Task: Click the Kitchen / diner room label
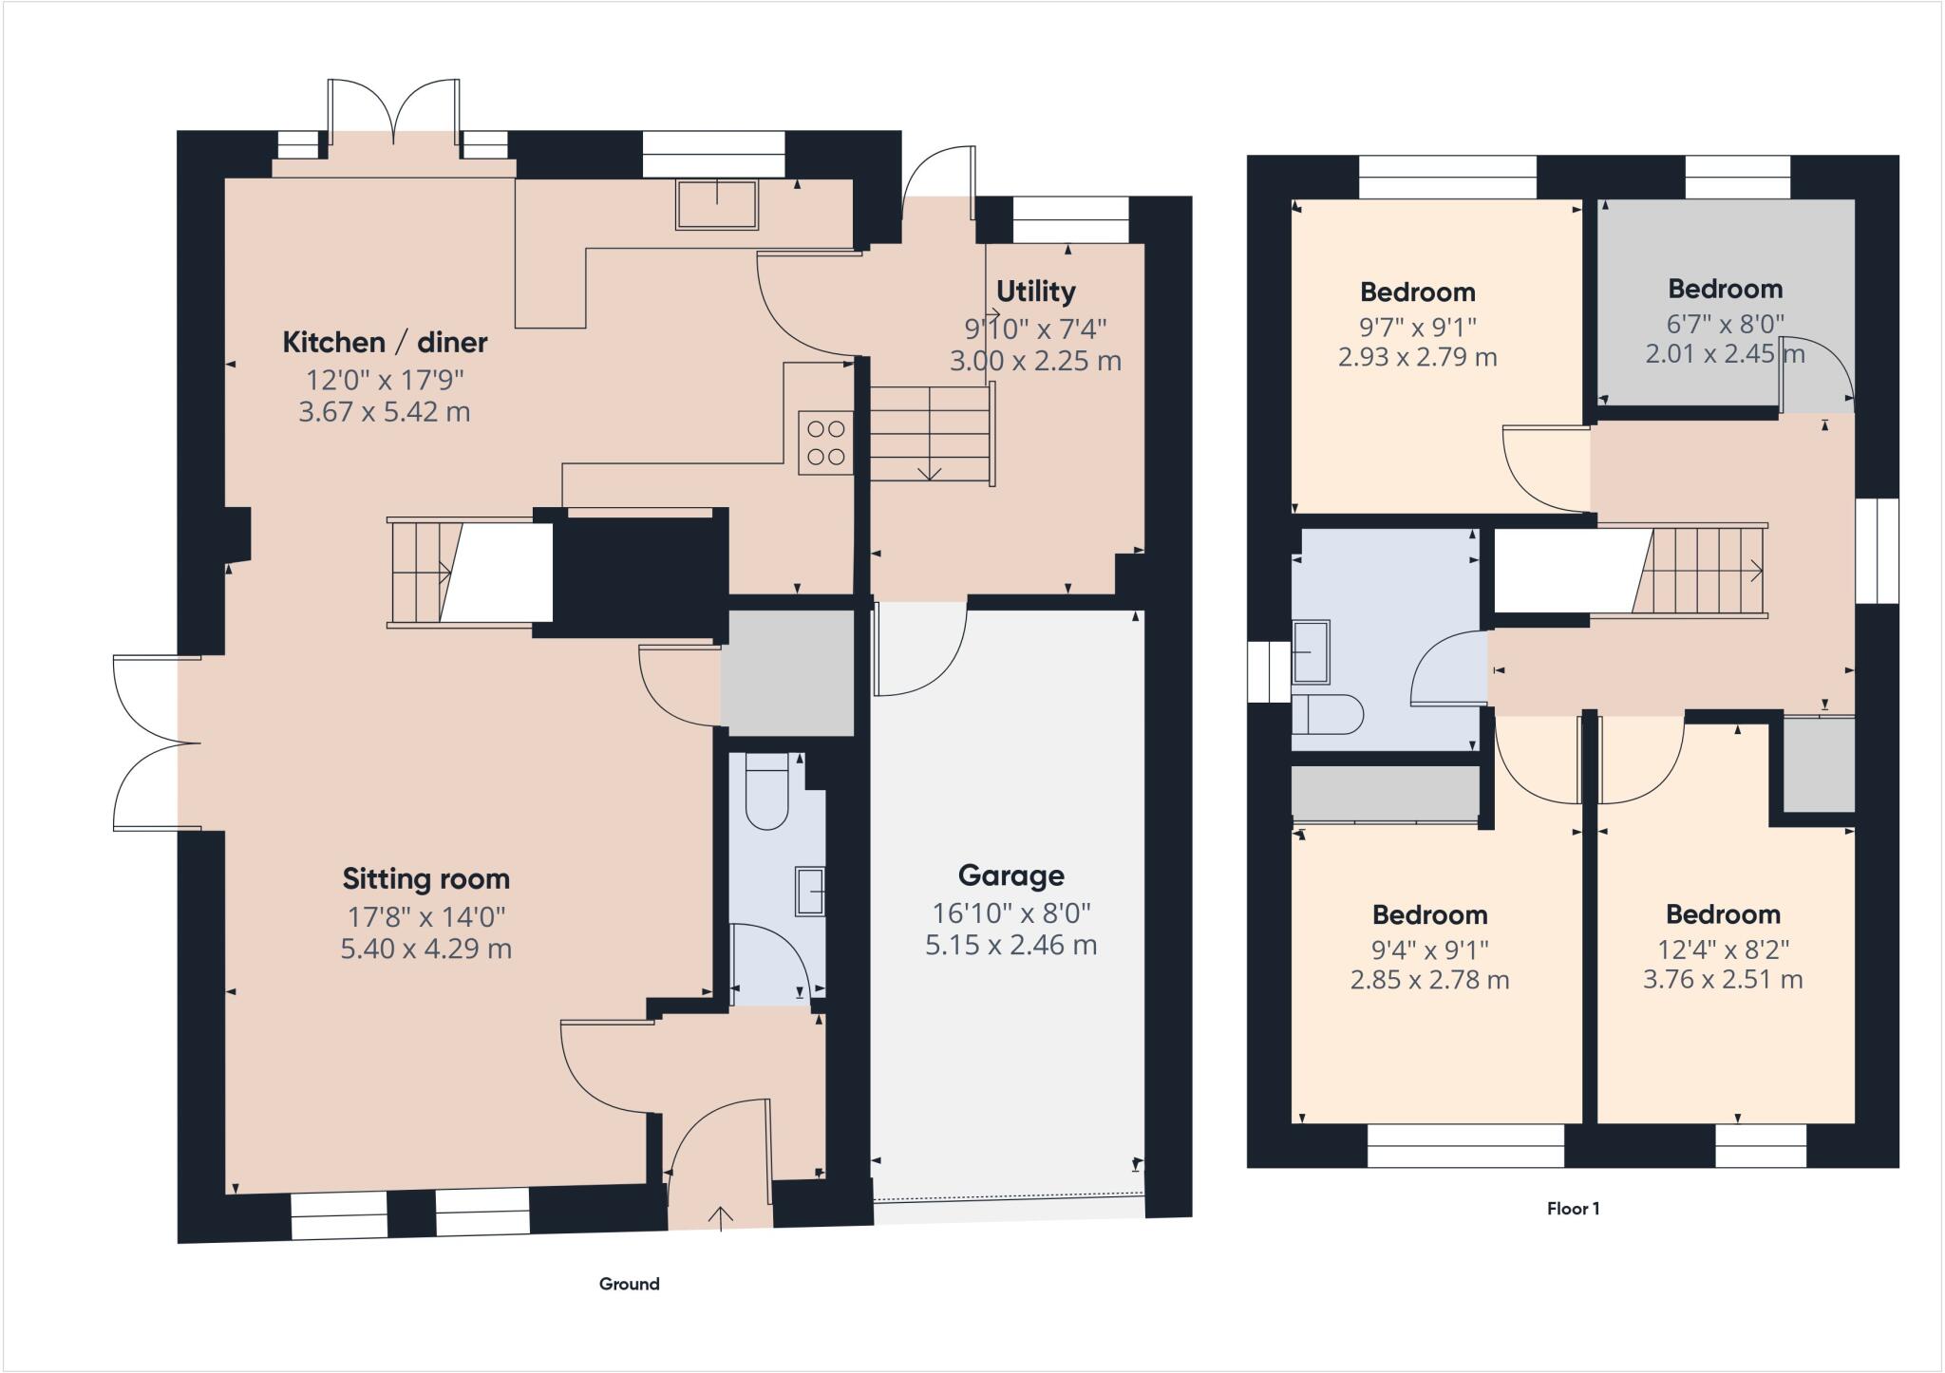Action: tap(385, 342)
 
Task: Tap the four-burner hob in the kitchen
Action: tap(825, 442)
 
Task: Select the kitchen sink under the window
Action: tap(717, 204)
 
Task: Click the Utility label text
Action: tap(1035, 291)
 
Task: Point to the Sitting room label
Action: tap(425, 879)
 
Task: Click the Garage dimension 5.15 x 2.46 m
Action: tap(1010, 945)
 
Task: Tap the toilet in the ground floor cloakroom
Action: tap(767, 793)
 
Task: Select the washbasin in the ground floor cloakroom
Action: tap(809, 891)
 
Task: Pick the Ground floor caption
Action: tap(629, 1284)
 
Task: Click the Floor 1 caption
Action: tap(1573, 1209)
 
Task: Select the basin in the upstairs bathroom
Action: tap(1312, 651)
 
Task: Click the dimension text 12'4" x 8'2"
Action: tap(1722, 948)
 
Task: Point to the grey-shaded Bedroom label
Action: tap(1725, 289)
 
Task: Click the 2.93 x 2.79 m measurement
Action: tap(1417, 357)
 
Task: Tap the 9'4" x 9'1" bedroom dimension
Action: tap(1429, 948)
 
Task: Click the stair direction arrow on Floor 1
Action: tap(1755, 572)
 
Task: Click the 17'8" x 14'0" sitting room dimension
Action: tap(425, 916)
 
